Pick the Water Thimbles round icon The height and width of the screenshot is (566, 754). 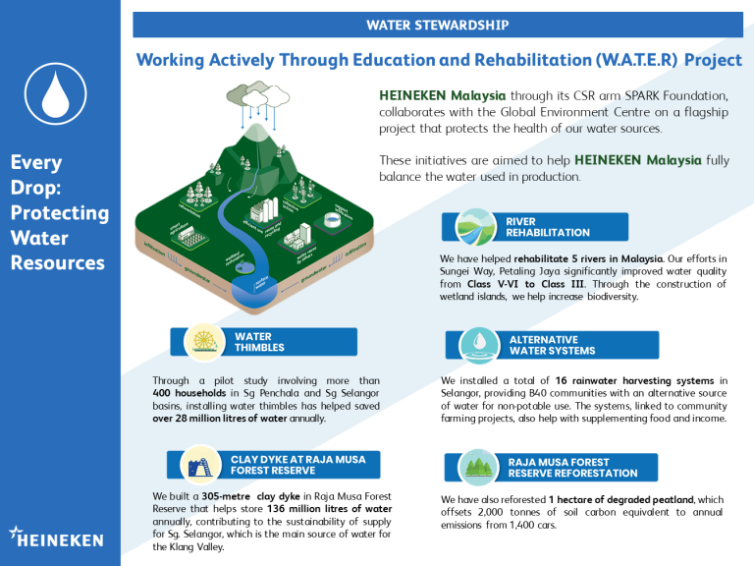click(204, 341)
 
